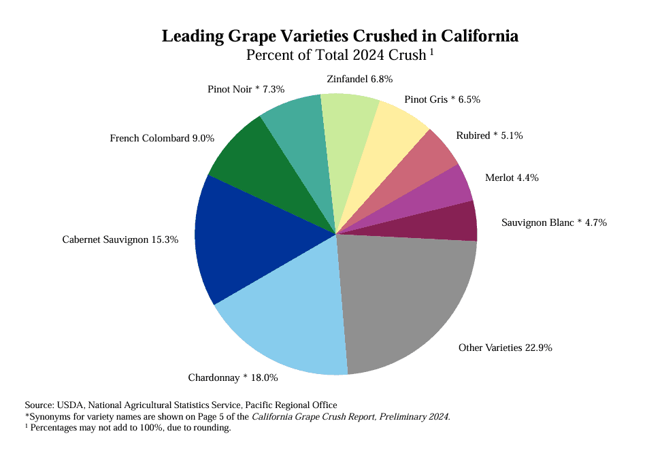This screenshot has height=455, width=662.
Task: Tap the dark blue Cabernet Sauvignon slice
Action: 252,238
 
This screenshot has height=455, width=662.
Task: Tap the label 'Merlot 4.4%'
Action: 512,178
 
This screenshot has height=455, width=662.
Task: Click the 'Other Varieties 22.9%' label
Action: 505,348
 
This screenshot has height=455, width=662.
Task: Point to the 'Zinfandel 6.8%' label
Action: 359,79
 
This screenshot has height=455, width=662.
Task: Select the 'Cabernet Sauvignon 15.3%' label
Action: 120,239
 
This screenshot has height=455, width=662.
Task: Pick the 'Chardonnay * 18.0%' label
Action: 233,377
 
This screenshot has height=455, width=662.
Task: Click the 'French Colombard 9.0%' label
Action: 162,138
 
